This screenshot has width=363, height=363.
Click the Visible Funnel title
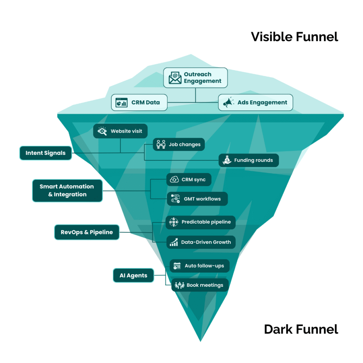[294, 37]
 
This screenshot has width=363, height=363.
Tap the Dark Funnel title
[301, 329]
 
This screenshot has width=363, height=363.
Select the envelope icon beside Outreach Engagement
[175, 78]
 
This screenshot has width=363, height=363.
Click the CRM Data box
[139, 102]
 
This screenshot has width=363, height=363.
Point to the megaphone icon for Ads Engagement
[228, 102]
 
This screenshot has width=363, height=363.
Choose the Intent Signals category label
[45, 153]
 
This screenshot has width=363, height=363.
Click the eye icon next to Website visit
[102, 131]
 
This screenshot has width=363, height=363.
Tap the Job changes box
[179, 145]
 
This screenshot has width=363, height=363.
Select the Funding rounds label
[253, 160]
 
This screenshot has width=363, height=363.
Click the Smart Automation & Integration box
[67, 190]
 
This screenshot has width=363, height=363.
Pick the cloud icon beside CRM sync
[174, 180]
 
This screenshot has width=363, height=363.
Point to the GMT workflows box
[197, 199]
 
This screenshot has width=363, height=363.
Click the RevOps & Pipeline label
[86, 232]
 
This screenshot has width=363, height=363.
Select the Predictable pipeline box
[200, 222]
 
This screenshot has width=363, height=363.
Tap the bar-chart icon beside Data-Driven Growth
[174, 242]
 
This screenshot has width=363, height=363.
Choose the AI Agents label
[133, 275]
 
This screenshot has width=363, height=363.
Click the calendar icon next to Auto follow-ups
[177, 266]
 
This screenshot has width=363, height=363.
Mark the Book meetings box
[200, 285]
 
